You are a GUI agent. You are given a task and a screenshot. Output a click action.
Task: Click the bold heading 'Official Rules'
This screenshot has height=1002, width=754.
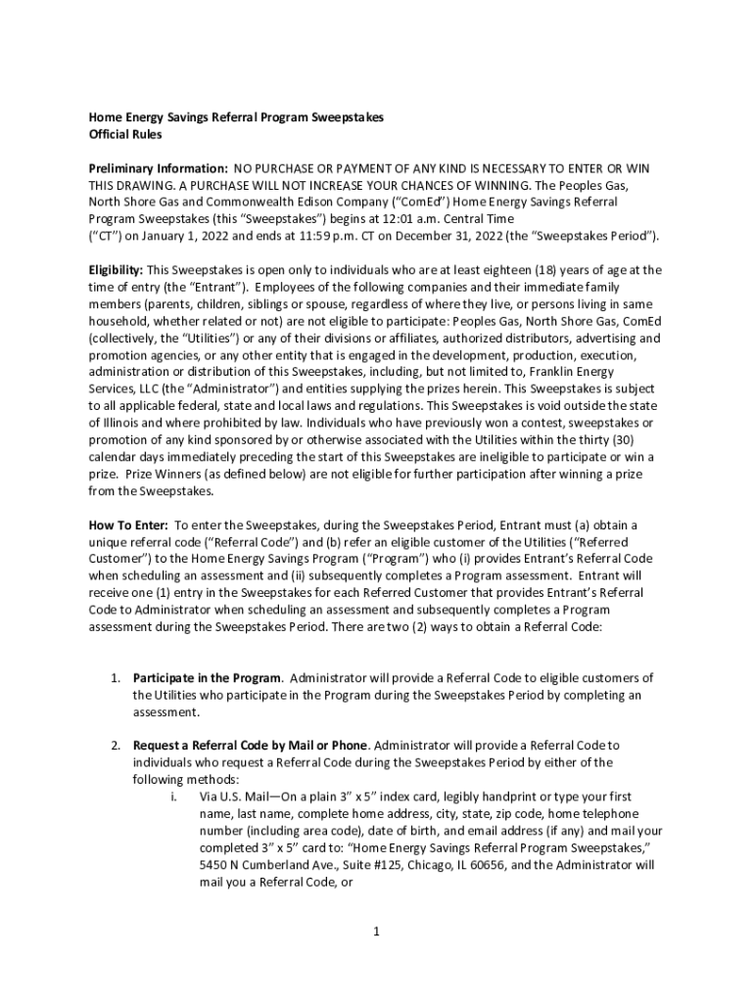click(x=125, y=134)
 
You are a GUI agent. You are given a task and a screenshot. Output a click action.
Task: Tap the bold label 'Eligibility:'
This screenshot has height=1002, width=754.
click(x=116, y=270)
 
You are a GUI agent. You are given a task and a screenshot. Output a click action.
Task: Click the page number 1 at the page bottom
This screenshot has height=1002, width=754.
click(x=375, y=931)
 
